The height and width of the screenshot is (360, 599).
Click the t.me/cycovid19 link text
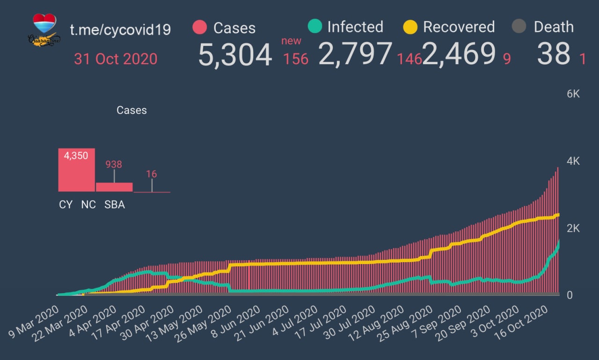click(x=120, y=29)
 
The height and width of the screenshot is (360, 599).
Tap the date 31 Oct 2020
click(x=116, y=59)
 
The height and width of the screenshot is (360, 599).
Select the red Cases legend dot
click(x=199, y=27)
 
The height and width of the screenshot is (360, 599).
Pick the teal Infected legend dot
click(x=315, y=26)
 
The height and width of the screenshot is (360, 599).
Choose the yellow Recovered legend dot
click(x=410, y=27)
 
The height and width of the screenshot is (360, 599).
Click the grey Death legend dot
click(x=519, y=27)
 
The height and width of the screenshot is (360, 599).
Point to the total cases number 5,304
click(x=235, y=55)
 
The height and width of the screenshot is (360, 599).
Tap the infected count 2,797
click(x=355, y=54)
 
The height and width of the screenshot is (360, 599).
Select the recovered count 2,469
click(x=459, y=54)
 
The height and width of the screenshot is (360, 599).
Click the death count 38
click(x=554, y=54)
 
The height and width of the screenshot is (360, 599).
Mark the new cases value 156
click(x=295, y=59)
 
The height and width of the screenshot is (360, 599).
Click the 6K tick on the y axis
click(x=573, y=94)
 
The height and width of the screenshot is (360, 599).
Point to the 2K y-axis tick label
click(x=573, y=228)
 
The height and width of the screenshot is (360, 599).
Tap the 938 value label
click(x=114, y=164)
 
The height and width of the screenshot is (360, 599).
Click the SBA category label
click(x=114, y=205)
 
